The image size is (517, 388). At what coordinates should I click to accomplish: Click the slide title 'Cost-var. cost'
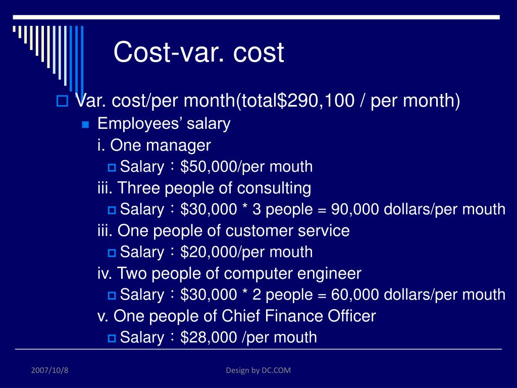click(198, 52)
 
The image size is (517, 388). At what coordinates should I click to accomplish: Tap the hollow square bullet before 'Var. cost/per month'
click(62, 101)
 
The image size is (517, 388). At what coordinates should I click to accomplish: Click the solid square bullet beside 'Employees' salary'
click(86, 124)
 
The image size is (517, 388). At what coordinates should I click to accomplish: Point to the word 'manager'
click(178, 146)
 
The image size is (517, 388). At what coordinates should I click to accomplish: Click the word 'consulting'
click(274, 188)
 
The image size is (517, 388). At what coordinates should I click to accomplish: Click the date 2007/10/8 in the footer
click(49, 370)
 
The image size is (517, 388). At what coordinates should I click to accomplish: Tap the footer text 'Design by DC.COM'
click(258, 370)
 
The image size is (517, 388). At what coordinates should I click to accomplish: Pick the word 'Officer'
click(352, 316)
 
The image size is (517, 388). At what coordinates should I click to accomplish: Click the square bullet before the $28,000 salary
click(112, 338)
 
